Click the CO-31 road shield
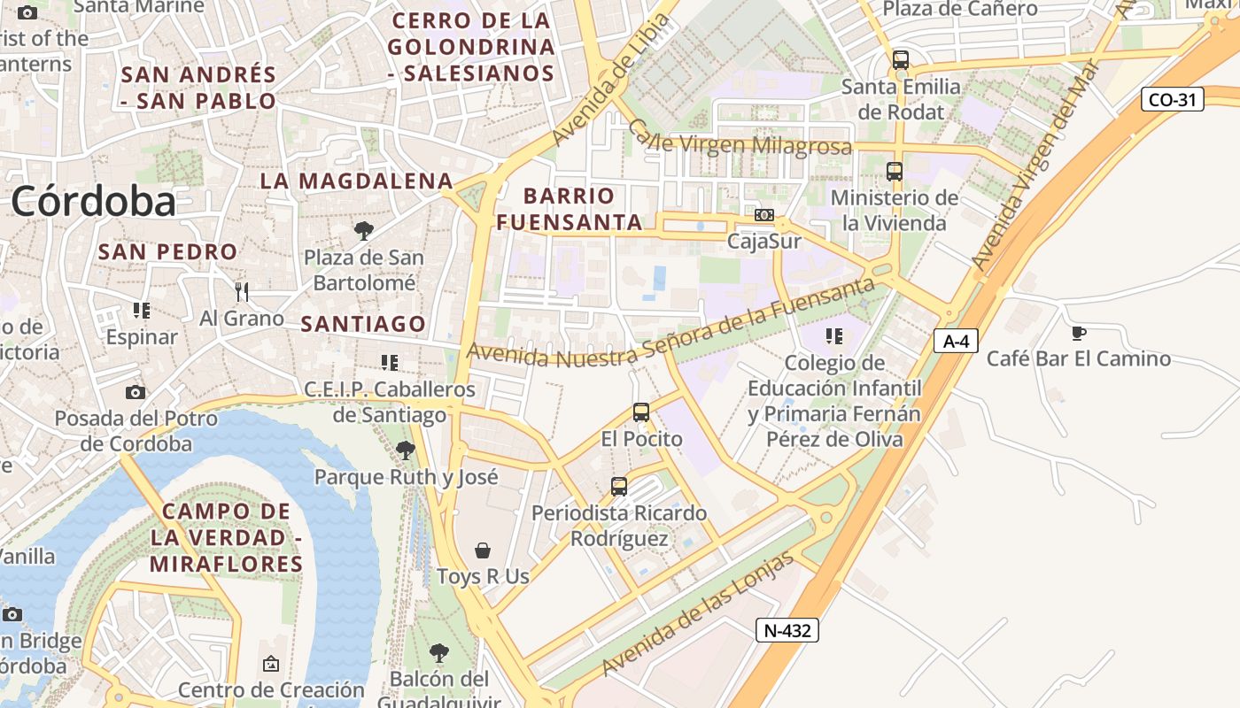click(x=1172, y=99)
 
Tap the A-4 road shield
click(x=956, y=340)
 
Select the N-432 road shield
click(x=787, y=630)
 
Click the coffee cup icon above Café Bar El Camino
click(x=1078, y=333)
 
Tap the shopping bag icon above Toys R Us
click(x=483, y=550)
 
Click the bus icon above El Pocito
click(x=641, y=412)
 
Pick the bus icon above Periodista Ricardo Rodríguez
click(x=619, y=486)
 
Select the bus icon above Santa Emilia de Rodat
click(x=901, y=60)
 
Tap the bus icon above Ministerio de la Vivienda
click(x=895, y=172)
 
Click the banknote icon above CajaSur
click(x=763, y=215)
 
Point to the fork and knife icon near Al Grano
click(x=241, y=291)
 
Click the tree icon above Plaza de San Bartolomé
click(x=363, y=231)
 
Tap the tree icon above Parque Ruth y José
click(x=406, y=450)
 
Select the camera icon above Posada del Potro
click(x=136, y=392)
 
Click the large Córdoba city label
click(x=93, y=202)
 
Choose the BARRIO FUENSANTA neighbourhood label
click(x=569, y=209)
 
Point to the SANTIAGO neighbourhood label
click(x=363, y=324)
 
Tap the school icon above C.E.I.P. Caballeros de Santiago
click(x=389, y=362)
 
